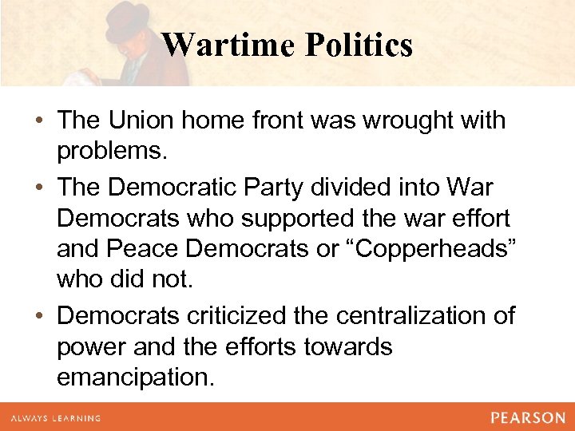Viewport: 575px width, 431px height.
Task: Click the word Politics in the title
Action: point(359,45)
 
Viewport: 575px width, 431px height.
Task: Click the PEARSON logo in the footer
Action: point(526,417)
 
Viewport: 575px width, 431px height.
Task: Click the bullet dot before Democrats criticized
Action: point(40,317)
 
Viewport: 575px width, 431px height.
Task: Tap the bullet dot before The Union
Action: point(40,122)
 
